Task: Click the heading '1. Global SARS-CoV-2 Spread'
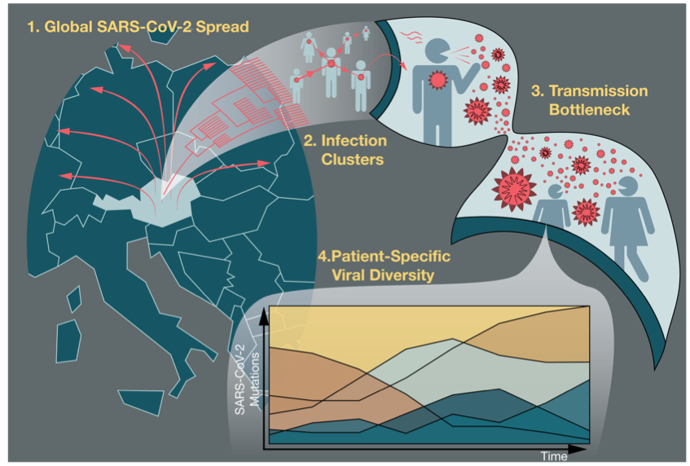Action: click(138, 27)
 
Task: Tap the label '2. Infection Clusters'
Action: click(345, 150)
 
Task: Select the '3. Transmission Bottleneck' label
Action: click(589, 100)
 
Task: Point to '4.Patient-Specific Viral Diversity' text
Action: click(384, 266)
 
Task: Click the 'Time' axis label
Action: click(554, 456)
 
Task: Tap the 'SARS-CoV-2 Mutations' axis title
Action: click(247, 380)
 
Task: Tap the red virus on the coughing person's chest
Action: click(437, 80)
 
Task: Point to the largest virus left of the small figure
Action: click(514, 189)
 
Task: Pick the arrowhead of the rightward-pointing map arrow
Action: click(264, 163)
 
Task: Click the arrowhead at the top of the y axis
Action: click(264, 317)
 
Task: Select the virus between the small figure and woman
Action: click(586, 212)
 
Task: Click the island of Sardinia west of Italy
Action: click(68, 341)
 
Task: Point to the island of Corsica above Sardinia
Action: click(74, 299)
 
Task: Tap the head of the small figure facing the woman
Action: click(555, 191)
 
